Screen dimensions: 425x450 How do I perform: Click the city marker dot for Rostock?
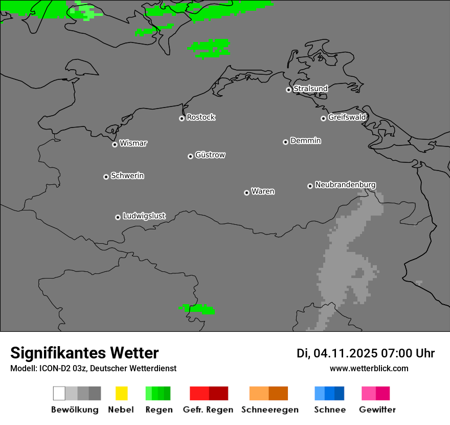[x=182, y=118]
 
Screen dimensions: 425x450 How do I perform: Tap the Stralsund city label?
[x=310, y=89]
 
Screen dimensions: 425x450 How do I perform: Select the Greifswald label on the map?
[x=347, y=117]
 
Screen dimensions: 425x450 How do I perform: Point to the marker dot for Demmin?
[x=285, y=142]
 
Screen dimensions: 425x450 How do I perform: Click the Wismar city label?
[x=133, y=143]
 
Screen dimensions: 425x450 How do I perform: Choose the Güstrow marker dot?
[x=190, y=156]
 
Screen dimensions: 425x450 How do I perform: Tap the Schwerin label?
[x=127, y=176]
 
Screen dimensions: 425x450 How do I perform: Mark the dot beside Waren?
[x=246, y=193]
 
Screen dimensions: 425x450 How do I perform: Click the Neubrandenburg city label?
[x=345, y=185]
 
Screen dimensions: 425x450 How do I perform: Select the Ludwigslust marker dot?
[x=118, y=217]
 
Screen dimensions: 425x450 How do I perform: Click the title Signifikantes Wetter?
[x=84, y=353]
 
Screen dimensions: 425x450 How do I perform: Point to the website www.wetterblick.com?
[x=369, y=368]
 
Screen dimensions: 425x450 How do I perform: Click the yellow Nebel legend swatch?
[x=121, y=393]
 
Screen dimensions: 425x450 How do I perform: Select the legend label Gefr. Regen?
[x=208, y=410]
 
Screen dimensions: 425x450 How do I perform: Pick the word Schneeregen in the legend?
[x=269, y=410]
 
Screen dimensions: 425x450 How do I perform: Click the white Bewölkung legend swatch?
[x=59, y=393]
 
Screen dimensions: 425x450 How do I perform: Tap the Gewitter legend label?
[x=377, y=410]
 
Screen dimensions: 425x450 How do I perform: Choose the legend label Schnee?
[x=329, y=410]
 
